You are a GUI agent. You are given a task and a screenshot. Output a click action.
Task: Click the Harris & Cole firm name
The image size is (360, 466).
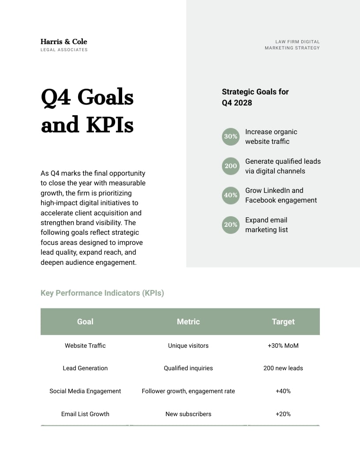64,41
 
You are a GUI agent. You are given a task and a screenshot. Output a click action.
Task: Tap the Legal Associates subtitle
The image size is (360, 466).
64,50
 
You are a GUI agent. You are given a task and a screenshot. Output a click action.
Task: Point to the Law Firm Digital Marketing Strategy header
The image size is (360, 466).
292,45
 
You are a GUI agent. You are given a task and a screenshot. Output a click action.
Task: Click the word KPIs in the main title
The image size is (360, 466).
110,125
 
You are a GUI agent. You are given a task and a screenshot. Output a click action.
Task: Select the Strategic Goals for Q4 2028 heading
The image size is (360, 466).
255,97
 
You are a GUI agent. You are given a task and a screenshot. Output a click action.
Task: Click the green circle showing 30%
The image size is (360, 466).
230,136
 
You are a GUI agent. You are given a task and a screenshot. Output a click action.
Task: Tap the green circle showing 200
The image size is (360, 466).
230,166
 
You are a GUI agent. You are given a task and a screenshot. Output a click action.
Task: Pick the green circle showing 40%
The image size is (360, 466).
230,195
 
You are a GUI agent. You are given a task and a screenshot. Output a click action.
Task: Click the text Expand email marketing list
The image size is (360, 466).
266,225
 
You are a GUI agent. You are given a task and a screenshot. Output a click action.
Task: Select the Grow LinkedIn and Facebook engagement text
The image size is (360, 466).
281,195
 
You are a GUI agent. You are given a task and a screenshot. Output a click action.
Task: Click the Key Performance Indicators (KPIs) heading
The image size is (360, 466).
102,293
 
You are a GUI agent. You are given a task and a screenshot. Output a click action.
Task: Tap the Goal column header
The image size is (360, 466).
85,322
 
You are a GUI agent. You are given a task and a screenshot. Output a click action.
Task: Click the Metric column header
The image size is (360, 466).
188,322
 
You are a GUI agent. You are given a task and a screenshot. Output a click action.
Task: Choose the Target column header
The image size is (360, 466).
283,322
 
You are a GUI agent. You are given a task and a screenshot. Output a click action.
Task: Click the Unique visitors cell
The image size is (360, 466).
188,346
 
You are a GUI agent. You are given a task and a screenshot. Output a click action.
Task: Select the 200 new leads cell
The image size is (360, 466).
283,368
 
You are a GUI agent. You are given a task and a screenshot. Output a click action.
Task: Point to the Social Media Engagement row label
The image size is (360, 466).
85,391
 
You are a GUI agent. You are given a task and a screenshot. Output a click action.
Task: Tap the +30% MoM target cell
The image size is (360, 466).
283,346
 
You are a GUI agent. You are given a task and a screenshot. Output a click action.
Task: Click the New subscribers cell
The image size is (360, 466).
188,414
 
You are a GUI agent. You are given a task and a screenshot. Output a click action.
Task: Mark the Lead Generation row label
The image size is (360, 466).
85,368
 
